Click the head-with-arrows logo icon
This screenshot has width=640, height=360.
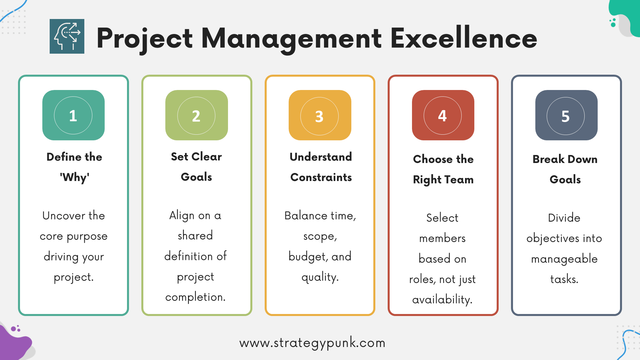[67, 36]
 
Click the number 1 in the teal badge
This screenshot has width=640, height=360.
[73, 116]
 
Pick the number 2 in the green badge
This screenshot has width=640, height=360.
[196, 116]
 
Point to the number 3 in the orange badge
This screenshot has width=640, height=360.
[319, 116]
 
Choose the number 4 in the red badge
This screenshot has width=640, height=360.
[442, 116]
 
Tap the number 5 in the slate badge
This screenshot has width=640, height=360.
[565, 116]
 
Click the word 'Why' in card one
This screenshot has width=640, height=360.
[74, 177]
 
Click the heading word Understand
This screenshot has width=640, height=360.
[321, 157]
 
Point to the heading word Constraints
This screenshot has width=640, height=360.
[321, 177]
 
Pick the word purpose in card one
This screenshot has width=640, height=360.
[87, 237]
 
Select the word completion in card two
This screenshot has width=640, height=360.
[195, 297]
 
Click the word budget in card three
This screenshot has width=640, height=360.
[307, 257]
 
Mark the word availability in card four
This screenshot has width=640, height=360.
[442, 300]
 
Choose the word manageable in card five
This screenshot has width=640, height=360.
[564, 259]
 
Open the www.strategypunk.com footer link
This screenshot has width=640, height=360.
[312, 343]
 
